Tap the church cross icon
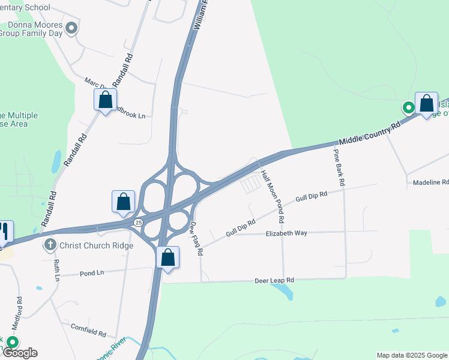pyautogui.click(x=50, y=245)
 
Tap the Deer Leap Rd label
pyautogui.click(x=274, y=280)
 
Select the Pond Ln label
pyautogui.click(x=92, y=272)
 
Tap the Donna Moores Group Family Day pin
pyautogui.click(x=71, y=28)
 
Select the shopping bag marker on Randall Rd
pyautogui.click(x=105, y=100)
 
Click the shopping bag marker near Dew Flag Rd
pyautogui.click(x=168, y=257)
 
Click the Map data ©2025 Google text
pyautogui.click(x=412, y=355)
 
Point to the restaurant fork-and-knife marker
pyautogui.click(x=4, y=231)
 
